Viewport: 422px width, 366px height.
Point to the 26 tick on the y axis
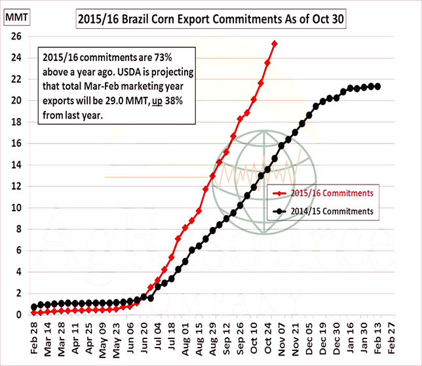point(17,37)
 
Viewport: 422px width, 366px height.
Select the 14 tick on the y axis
point(17,165)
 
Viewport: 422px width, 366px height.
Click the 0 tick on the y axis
point(20,315)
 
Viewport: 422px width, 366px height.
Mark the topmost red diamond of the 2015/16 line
point(275,44)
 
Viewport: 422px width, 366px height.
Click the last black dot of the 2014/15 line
point(377,87)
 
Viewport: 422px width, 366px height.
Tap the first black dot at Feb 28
point(34,307)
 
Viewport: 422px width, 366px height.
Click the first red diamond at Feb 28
point(34,313)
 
